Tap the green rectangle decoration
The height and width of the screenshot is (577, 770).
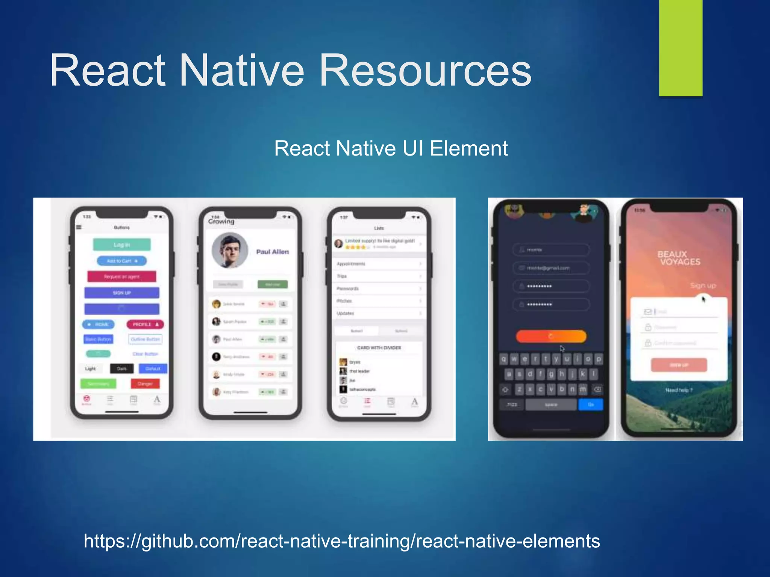[x=681, y=48]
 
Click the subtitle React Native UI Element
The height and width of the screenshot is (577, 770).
[x=391, y=148]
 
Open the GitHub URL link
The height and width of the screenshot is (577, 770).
[x=341, y=541]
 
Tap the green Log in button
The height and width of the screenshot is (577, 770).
[x=122, y=245]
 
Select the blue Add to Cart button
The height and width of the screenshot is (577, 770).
[x=122, y=261]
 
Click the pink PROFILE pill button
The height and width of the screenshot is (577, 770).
[x=145, y=324]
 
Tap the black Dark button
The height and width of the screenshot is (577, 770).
[x=122, y=369]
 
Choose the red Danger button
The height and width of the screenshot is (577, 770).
[x=145, y=384]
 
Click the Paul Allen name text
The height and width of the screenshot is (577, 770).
[x=273, y=252]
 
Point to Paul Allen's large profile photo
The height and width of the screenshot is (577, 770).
[x=230, y=250]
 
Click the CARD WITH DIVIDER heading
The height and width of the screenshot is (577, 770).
[x=379, y=348]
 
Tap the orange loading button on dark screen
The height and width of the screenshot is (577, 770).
[x=551, y=336]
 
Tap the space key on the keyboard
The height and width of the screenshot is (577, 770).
[x=551, y=405]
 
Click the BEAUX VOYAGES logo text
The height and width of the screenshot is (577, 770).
[x=679, y=258]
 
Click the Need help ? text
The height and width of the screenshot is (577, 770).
[x=679, y=390]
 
